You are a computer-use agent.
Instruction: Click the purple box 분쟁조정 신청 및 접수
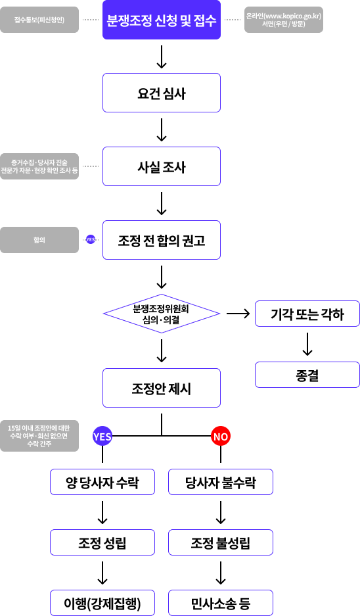coord(162,20)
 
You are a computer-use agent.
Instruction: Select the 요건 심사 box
coord(162,93)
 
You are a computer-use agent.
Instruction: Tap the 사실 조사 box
coord(162,166)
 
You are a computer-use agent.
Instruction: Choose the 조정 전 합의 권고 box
coord(162,240)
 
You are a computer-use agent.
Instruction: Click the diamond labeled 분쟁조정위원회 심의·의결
coord(162,314)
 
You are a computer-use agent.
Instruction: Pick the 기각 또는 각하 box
coord(307,314)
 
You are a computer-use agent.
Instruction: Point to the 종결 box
coord(307,375)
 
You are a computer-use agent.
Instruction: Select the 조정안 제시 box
coord(162,388)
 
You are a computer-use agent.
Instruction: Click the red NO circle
coord(221,436)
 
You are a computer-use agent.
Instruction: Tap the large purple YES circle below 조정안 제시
coord(102,436)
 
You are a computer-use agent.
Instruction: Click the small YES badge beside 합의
coord(91,240)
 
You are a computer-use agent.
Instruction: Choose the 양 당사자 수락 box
coord(102,482)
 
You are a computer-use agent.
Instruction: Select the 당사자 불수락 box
coord(221,482)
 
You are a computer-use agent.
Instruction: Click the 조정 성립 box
coord(102,542)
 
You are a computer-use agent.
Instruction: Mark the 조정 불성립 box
coord(221,542)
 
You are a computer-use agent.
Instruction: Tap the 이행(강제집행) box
coord(102,603)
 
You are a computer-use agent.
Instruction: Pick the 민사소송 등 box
coord(221,603)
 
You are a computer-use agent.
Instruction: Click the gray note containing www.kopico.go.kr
coord(284,20)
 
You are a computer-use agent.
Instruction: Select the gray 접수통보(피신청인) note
coord(39,20)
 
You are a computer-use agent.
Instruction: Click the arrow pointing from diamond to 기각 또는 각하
coord(238,314)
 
